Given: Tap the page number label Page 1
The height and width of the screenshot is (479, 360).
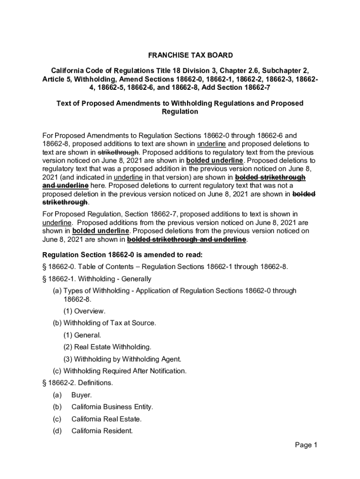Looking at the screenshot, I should pos(306,445).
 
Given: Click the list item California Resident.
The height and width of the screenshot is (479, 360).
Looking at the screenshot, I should pos(102,431).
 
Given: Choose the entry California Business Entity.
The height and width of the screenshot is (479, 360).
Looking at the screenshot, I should pos(112,407).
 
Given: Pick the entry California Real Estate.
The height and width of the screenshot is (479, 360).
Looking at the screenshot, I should pos(106,419).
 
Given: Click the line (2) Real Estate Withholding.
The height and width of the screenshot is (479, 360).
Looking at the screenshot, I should pos(107,347).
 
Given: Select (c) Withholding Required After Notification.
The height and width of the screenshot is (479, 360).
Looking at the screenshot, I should pos(119,371).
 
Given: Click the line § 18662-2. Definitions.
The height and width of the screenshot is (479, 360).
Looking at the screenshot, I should pos(77,383).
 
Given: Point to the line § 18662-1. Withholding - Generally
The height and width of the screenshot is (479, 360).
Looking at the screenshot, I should pos(97,279).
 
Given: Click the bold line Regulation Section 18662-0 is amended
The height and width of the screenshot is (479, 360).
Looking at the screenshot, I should pos(122,255).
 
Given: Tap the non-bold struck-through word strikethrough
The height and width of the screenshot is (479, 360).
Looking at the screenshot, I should pos(118,152).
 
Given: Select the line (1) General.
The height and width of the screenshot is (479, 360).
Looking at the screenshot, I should pos(82,335).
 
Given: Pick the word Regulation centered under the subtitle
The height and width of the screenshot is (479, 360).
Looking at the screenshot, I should pos(180,112).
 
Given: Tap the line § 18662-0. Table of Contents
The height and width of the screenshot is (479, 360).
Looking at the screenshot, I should pos(165,267).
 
